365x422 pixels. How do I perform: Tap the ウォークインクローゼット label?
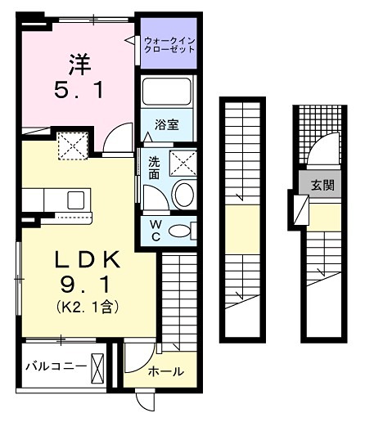point(169,44)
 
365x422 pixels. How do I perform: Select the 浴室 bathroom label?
point(168,125)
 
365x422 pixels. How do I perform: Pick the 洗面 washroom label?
point(154,168)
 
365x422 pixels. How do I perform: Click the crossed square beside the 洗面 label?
point(182,162)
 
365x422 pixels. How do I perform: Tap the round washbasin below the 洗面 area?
point(183,195)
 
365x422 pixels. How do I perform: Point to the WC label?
point(154,229)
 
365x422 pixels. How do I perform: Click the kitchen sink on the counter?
point(76,200)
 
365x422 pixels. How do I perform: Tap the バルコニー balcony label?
point(55,365)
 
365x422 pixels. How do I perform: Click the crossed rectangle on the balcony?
point(98,365)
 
